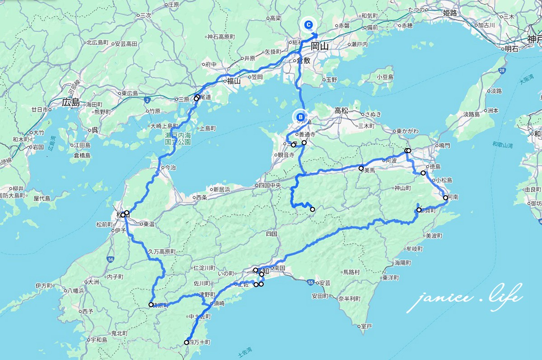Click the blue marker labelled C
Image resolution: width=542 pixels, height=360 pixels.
click(308, 25)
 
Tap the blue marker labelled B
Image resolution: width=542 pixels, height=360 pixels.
click(300, 117)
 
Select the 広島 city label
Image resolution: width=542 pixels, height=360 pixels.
click(71, 103)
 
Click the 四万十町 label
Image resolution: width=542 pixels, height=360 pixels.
click(199, 342)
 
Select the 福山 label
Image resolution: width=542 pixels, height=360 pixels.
click(234, 81)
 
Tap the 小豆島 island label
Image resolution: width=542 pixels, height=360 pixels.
click(385, 77)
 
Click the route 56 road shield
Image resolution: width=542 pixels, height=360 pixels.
click(111, 259)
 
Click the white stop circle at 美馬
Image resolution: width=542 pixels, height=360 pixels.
click(361, 168)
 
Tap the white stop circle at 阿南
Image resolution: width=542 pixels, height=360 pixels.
click(445, 197)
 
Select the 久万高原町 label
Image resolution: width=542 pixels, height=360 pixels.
click(161, 252)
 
